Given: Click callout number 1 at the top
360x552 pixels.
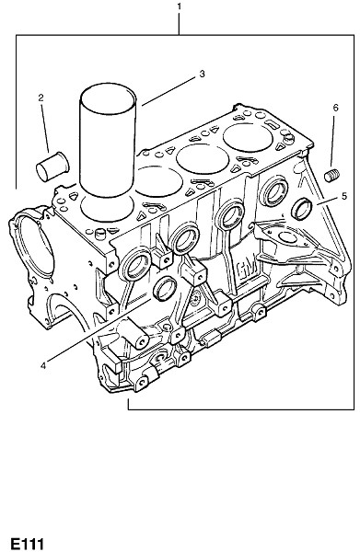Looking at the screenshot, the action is click(x=179, y=6).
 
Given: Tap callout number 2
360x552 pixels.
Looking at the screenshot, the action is click(x=41, y=98).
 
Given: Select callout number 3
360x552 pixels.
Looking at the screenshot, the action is click(x=202, y=74).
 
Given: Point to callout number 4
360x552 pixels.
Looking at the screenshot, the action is click(x=43, y=366).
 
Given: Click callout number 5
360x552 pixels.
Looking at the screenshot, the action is click(x=344, y=196).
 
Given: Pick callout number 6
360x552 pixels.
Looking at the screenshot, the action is click(x=335, y=108).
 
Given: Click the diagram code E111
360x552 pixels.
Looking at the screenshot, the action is click(x=27, y=544).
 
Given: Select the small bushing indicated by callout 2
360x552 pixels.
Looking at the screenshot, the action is click(x=52, y=167).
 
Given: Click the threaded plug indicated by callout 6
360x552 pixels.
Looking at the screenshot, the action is click(x=331, y=176).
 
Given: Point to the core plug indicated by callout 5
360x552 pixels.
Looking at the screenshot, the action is click(x=302, y=209).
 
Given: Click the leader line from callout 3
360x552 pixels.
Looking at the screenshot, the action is click(x=168, y=91).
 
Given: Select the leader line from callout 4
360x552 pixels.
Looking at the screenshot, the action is click(x=99, y=330).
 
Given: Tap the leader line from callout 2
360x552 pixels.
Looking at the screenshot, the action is click(x=45, y=128).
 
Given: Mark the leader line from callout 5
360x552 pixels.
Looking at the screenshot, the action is click(x=328, y=201).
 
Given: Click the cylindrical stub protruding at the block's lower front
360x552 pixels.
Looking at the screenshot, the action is click(x=134, y=334).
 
